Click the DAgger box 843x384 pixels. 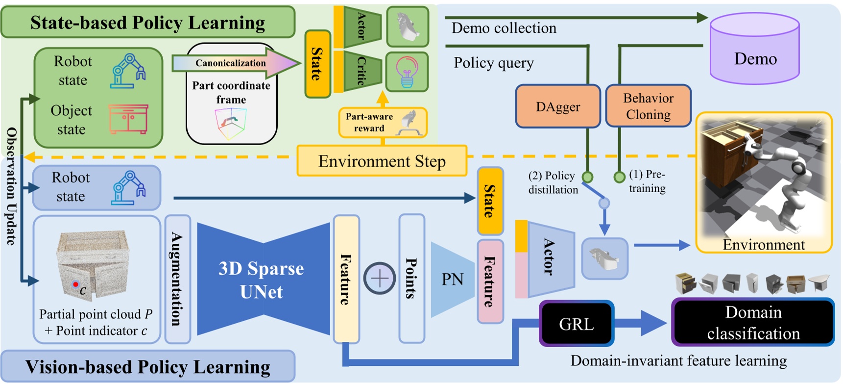click(557, 106)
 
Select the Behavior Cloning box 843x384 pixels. click(648, 106)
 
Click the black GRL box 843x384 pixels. click(577, 324)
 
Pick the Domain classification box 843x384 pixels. click(753, 323)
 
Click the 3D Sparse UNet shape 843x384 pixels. click(262, 280)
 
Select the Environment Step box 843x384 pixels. click(382, 161)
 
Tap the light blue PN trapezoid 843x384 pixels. click(452, 280)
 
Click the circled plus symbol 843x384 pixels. click(379, 279)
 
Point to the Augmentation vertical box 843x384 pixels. click(177, 279)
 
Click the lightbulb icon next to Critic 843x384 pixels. click(407, 72)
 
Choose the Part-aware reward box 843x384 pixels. click(383, 123)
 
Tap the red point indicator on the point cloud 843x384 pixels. click(75, 284)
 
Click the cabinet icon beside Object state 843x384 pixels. click(128, 119)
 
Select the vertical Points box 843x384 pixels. click(411, 279)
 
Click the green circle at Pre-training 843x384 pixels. click(619, 177)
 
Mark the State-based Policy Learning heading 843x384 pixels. click(147, 23)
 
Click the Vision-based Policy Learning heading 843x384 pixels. click(147, 366)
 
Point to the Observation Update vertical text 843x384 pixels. click(11, 186)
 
